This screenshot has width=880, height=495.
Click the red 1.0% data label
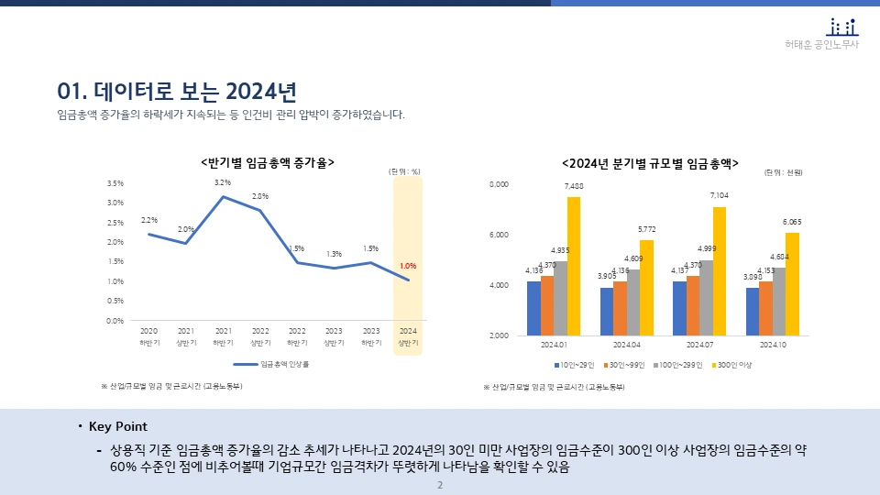pyautogui.click(x=408, y=266)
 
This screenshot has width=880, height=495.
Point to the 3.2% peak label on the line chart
pyautogui.click(x=223, y=182)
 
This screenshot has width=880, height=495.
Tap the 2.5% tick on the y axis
pyautogui.click(x=115, y=223)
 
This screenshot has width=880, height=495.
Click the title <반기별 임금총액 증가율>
pyautogui.click(x=267, y=162)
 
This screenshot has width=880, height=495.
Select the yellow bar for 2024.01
pyautogui.click(x=574, y=266)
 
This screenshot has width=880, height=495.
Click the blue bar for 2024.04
pyautogui.click(x=607, y=312)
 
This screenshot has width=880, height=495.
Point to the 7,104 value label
pyautogui.click(x=720, y=195)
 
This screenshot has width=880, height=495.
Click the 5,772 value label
pyautogui.click(x=646, y=229)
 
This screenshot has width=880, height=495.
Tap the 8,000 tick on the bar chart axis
pyautogui.click(x=499, y=185)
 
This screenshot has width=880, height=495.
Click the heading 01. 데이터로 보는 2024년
pyautogui.click(x=177, y=92)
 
